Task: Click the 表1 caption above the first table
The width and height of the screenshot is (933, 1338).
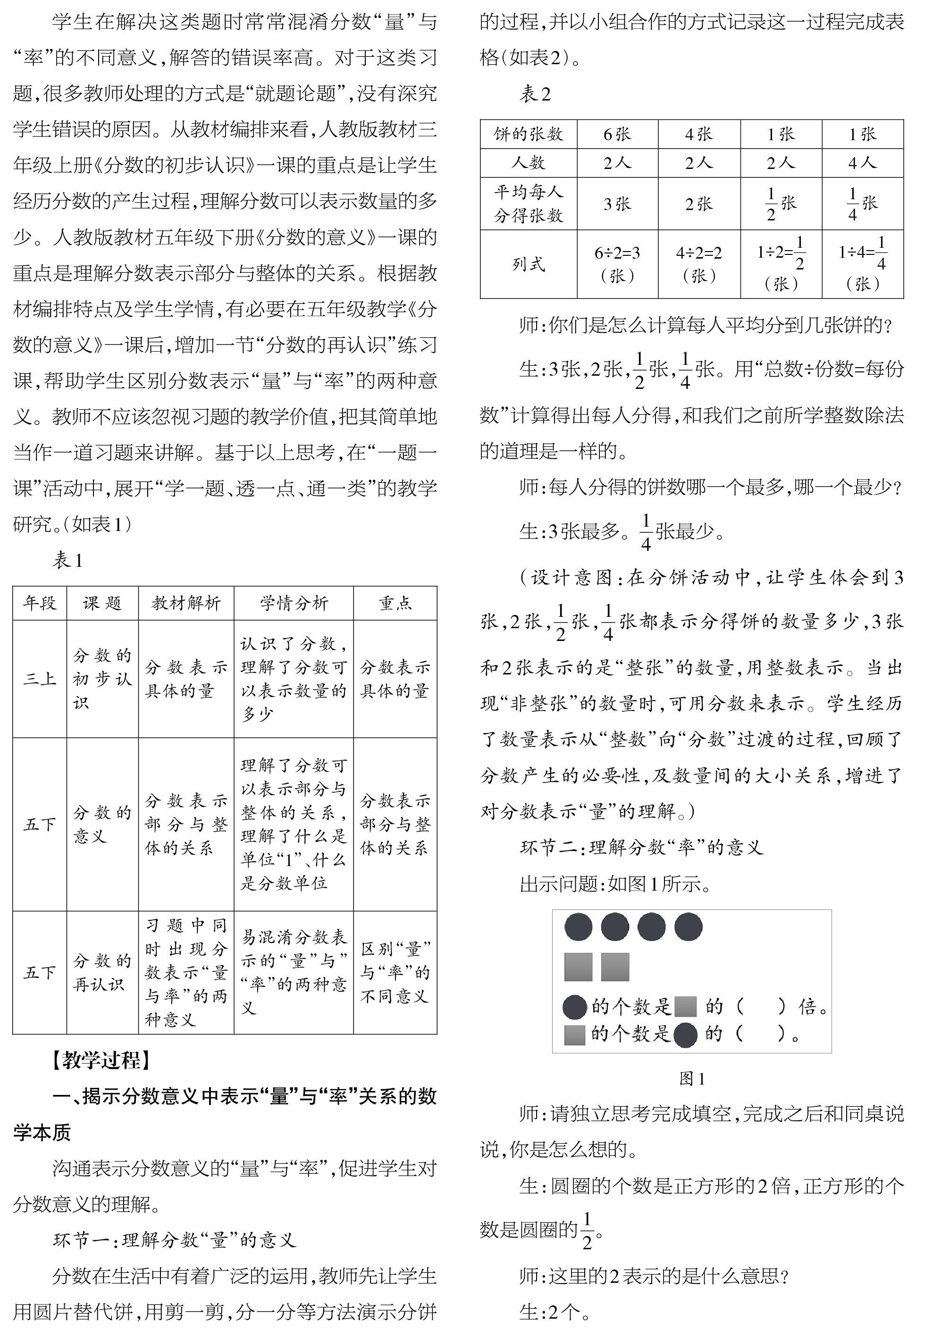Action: click(67, 561)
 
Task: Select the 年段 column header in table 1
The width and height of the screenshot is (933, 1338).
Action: click(40, 603)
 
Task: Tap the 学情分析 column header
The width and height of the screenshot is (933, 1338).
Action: click(294, 603)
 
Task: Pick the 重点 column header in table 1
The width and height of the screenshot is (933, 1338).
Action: click(395, 603)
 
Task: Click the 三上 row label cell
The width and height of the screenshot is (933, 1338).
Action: click(40, 679)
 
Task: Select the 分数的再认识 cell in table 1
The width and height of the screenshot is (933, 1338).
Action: click(102, 973)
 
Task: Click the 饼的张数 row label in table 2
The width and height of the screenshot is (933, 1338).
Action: click(528, 134)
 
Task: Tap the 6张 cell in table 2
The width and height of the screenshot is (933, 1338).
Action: click(617, 134)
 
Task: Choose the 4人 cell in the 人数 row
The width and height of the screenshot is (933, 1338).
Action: click(863, 162)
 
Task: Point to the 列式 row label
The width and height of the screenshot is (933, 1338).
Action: click(528, 264)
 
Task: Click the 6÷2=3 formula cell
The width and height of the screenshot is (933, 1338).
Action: click(617, 264)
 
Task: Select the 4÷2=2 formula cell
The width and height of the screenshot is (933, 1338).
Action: click(699, 264)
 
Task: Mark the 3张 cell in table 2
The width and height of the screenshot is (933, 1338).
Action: click(617, 203)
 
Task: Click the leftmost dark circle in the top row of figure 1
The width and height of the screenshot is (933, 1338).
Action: click(578, 927)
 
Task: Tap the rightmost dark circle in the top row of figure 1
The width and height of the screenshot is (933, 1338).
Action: click(688, 927)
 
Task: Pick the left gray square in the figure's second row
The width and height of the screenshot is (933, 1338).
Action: click(578, 967)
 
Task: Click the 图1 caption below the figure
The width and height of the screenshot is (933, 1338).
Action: click(692, 1079)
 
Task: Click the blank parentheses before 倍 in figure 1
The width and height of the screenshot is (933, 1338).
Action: click(761, 1006)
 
